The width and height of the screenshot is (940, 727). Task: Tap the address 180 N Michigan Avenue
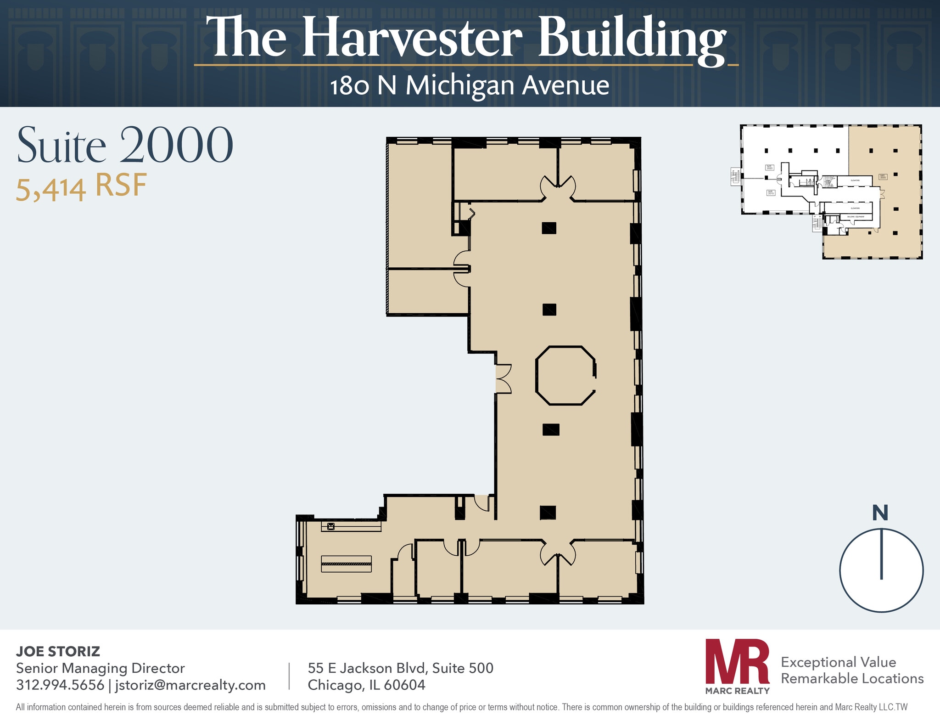[469, 86]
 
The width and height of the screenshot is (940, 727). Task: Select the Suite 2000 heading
[125, 145]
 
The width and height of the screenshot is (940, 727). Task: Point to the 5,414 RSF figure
[81, 187]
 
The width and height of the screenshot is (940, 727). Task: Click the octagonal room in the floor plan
[565, 375]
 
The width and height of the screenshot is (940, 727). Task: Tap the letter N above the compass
[880, 513]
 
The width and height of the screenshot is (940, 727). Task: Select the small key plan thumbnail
[831, 192]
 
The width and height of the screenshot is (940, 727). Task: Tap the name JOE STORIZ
[58, 651]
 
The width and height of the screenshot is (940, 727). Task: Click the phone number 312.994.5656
[60, 685]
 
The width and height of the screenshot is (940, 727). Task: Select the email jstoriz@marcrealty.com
[190, 685]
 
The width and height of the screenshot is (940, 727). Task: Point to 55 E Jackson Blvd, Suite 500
[400, 668]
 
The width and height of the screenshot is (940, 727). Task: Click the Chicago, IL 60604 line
[366, 685]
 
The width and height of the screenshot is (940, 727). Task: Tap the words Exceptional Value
[838, 662]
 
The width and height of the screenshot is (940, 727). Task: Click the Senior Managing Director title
[100, 668]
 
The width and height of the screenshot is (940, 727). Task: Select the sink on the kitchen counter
[331, 526]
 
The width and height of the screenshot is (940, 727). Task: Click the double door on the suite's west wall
[503, 379]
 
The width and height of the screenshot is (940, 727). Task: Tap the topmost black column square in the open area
[549, 228]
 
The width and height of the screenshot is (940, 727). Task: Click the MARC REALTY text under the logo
[737, 691]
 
